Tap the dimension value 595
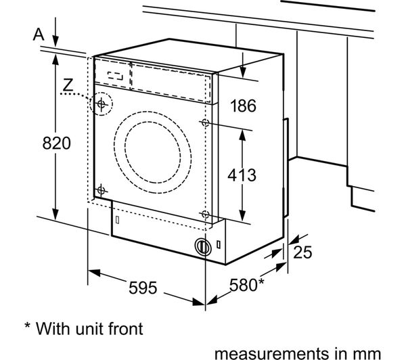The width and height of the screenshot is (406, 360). coord(143,288)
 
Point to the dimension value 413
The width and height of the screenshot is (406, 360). coord(242,175)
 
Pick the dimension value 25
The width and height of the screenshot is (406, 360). coord(303,252)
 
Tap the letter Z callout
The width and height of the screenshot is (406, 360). coord(66,85)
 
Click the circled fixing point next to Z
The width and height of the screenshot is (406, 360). coord(101,104)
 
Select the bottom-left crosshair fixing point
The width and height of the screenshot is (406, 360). coord(101,189)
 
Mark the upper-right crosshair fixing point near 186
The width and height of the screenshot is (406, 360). coord(204,122)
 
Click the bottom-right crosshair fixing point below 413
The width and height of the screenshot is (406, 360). coord(204,215)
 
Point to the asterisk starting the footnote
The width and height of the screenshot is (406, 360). coord(28,327)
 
